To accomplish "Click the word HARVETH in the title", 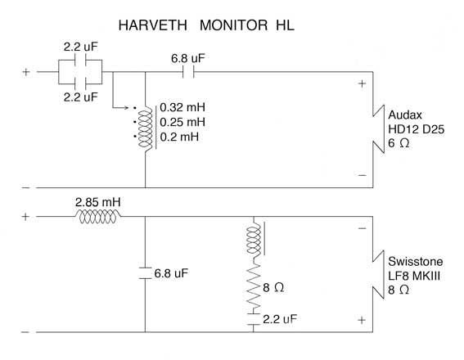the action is click(153, 25).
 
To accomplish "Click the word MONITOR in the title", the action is click(234, 25).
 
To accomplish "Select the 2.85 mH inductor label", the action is click(98, 202).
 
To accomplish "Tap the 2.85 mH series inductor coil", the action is click(98, 217).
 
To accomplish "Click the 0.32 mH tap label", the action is click(182, 107).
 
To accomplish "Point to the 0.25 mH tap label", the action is click(182, 122).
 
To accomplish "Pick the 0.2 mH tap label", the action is click(179, 137).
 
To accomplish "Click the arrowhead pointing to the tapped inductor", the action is click(126, 107).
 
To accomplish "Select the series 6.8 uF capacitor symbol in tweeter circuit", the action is click(188, 72).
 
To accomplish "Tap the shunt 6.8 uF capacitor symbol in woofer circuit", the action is click(145, 273).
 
